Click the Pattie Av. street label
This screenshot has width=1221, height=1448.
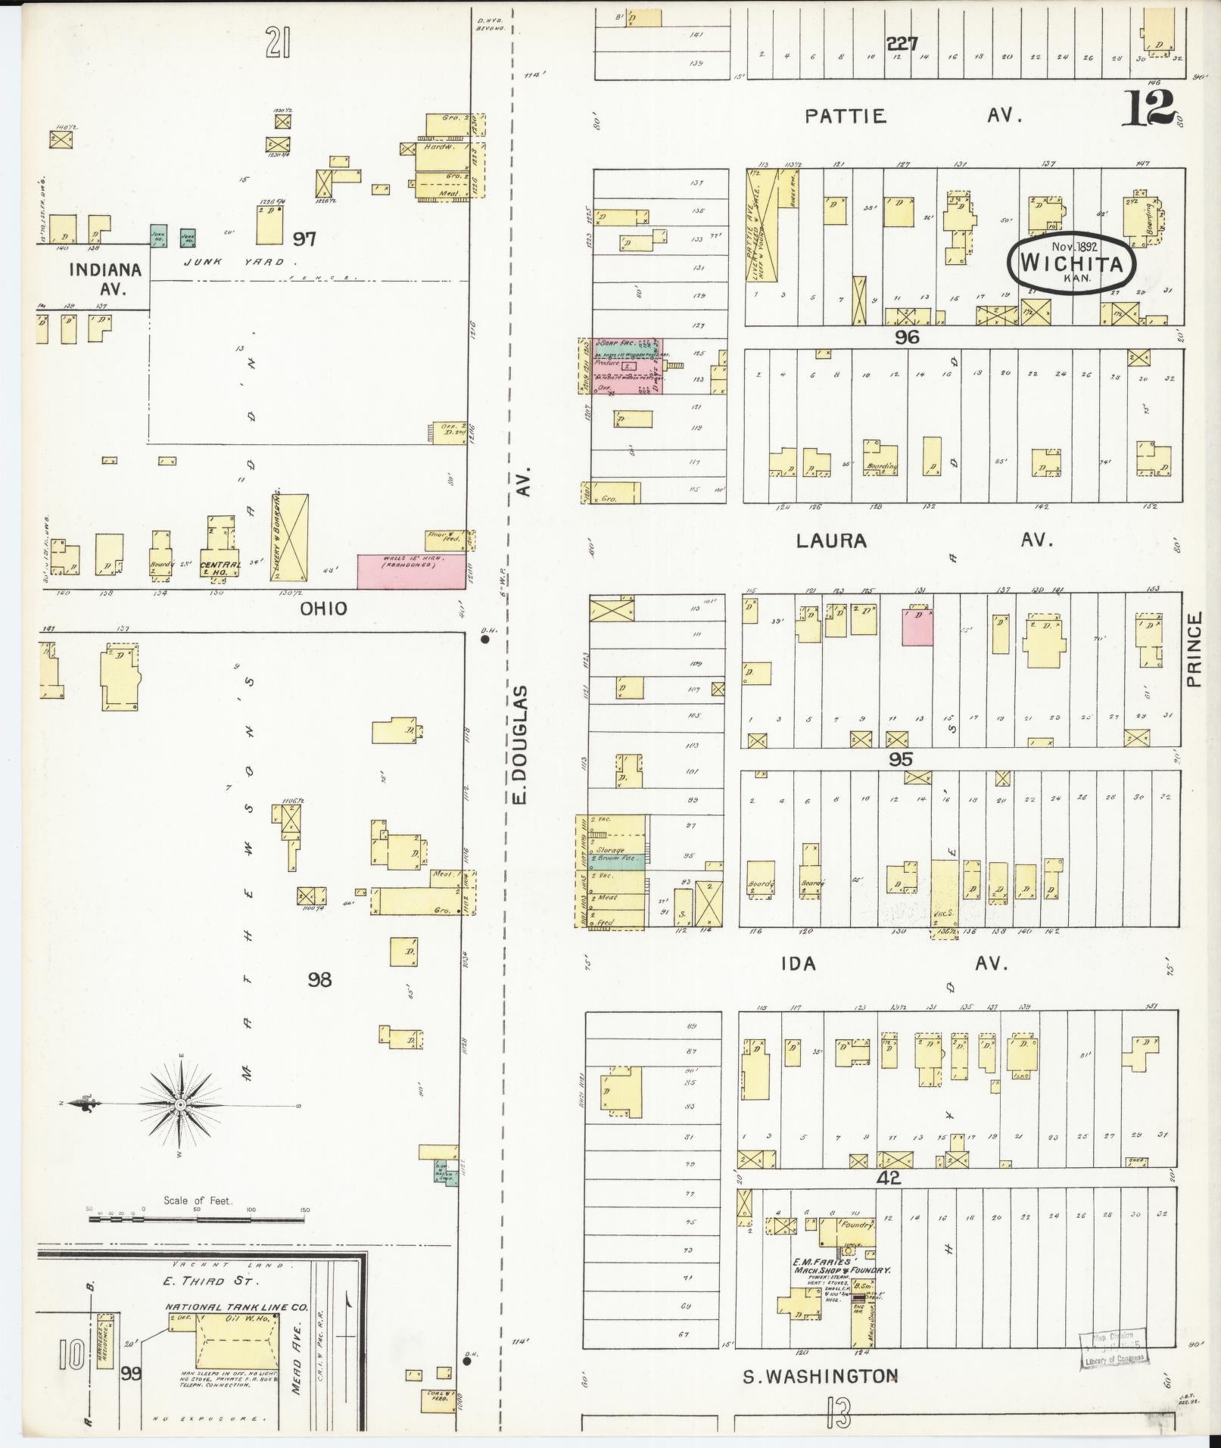pyautogui.click(x=913, y=116)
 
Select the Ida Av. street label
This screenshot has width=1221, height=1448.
pyautogui.click(x=893, y=963)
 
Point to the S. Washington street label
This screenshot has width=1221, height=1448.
pyautogui.click(x=820, y=1375)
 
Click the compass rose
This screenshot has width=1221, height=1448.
pyautogui.click(x=180, y=1105)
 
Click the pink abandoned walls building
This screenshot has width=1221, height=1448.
pyautogui.click(x=411, y=571)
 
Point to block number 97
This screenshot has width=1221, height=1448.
pyautogui.click(x=304, y=239)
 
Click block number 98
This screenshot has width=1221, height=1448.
pyautogui.click(x=319, y=979)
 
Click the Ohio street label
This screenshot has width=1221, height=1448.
pyautogui.click(x=323, y=609)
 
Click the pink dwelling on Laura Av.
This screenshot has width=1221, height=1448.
pyautogui.click(x=917, y=627)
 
